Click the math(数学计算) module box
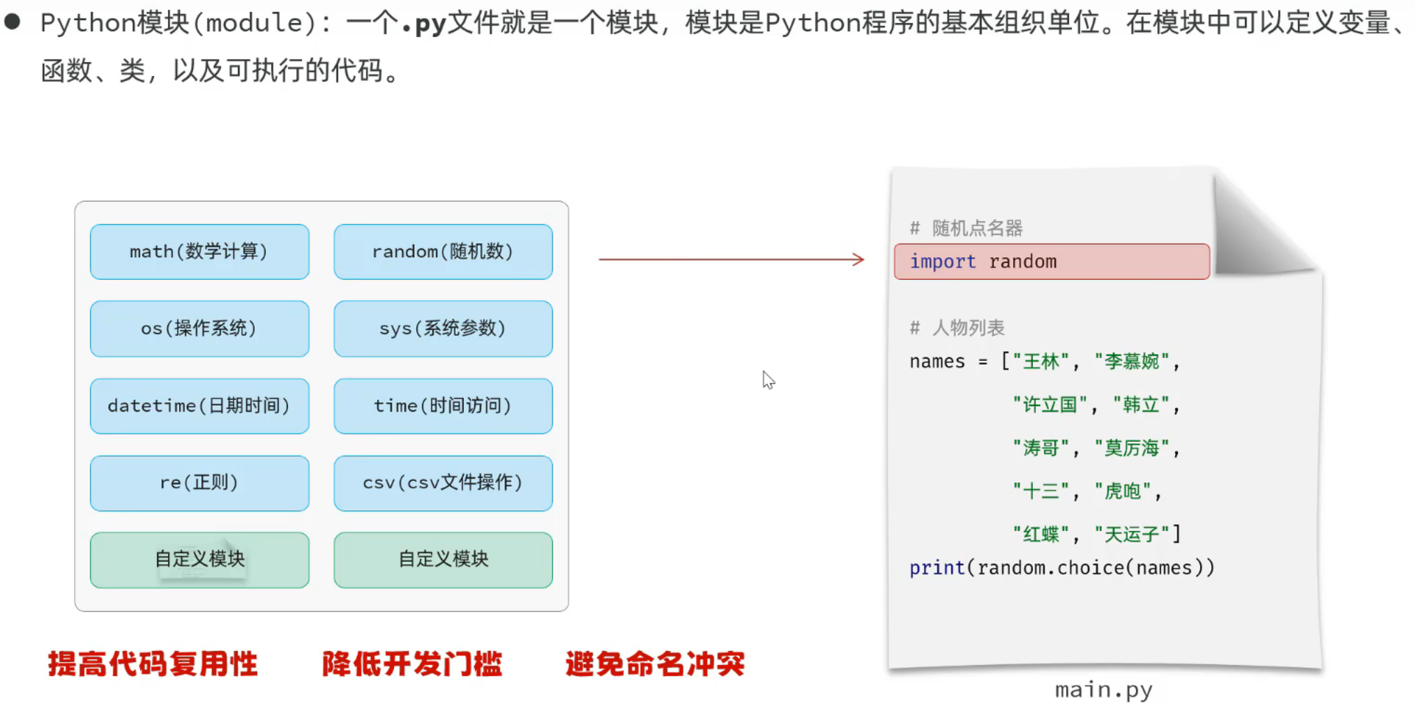(x=199, y=252)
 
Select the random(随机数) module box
(x=443, y=252)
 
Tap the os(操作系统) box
(x=199, y=329)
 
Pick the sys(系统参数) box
(x=443, y=329)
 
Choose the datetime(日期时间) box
(x=199, y=406)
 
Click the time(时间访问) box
(x=443, y=406)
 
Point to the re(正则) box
(x=199, y=483)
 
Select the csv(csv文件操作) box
(x=443, y=483)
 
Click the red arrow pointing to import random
(x=731, y=260)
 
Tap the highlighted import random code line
(x=1051, y=262)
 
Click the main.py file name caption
(x=1103, y=690)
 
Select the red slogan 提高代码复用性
(x=153, y=664)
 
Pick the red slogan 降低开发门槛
(x=412, y=664)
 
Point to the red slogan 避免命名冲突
(x=655, y=664)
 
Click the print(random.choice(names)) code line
(x=1061, y=568)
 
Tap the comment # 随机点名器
(x=967, y=228)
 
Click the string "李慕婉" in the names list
(x=1131, y=361)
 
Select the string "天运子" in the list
(x=1131, y=534)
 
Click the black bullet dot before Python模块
(x=12, y=22)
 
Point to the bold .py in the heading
(x=424, y=24)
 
